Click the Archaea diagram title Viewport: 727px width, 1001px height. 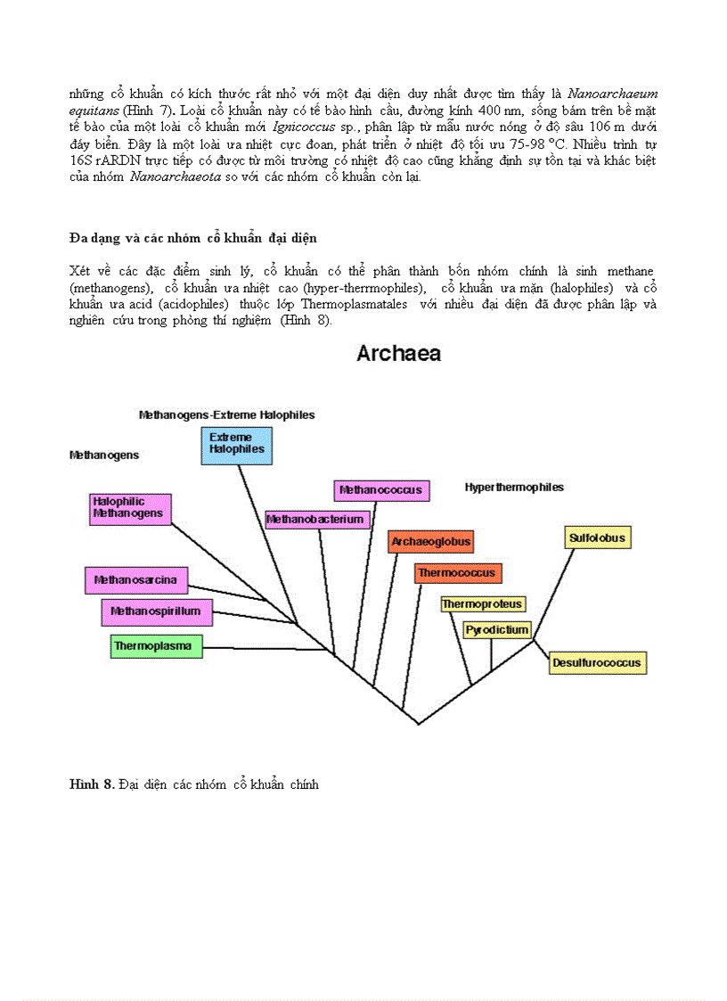(398, 354)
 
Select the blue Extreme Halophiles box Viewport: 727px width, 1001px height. (236, 444)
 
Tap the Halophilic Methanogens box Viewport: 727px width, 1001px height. (130, 508)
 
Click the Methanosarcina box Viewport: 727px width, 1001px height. (136, 580)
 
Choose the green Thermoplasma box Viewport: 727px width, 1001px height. (157, 645)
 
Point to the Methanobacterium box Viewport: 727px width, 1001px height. (316, 519)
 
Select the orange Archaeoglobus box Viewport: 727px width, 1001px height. (431, 542)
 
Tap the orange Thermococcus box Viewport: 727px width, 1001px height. (458, 573)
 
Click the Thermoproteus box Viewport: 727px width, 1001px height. (483, 604)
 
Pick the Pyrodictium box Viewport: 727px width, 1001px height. (497, 630)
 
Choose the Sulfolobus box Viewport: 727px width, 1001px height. (599, 538)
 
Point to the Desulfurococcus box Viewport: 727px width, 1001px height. (596, 663)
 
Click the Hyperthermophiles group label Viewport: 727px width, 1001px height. (514, 488)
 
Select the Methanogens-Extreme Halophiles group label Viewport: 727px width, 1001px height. (226, 414)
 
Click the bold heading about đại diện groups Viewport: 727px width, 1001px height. (192, 238)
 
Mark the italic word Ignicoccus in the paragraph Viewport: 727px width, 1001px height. (290, 127)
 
